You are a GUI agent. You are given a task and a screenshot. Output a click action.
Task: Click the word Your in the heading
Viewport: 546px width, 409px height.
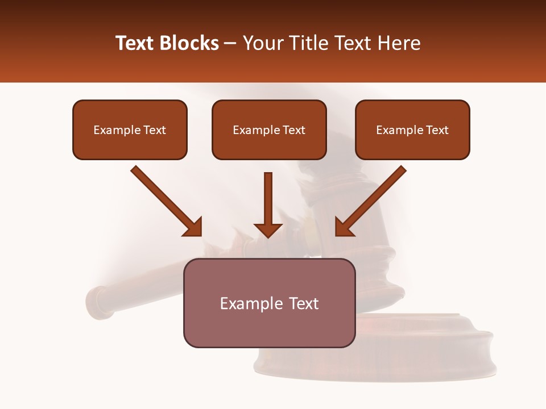click(x=263, y=43)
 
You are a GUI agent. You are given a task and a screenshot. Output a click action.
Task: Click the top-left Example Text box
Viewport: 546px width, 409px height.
click(x=130, y=130)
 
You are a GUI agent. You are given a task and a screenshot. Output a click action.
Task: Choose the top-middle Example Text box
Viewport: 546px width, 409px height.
click(x=269, y=130)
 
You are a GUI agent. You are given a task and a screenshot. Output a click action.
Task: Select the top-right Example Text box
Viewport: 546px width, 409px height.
click(x=412, y=130)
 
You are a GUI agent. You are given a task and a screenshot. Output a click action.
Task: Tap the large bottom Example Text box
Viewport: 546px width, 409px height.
click(x=269, y=303)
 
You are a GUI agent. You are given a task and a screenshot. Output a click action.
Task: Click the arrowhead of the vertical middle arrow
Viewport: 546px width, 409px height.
click(x=268, y=229)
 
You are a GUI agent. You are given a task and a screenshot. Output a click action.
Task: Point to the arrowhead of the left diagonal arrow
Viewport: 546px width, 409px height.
click(x=193, y=227)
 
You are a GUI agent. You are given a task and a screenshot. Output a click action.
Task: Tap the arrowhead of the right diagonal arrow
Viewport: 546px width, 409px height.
click(x=343, y=227)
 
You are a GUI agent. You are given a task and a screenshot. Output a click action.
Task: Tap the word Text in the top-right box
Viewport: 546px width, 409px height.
click(x=437, y=130)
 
